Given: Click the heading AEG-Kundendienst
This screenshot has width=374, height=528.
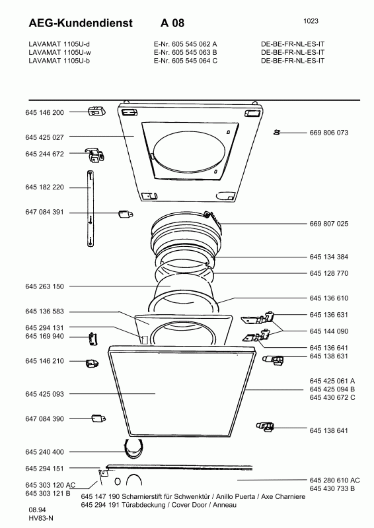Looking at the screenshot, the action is point(81,23).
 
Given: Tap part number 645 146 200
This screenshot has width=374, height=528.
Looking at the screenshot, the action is point(44,112).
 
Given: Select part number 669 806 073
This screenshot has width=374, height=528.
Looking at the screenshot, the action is point(329,133).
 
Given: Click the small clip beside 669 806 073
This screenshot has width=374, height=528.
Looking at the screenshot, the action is point(277,133).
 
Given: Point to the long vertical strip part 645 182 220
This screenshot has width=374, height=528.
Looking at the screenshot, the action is point(91,209).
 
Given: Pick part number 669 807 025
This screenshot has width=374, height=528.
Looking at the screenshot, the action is point(329,224).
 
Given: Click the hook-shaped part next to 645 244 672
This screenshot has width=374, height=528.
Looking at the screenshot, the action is point(96,154).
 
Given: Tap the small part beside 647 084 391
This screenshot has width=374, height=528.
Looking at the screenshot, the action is point(125,213).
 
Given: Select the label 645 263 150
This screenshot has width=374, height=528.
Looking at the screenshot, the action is point(44,286).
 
